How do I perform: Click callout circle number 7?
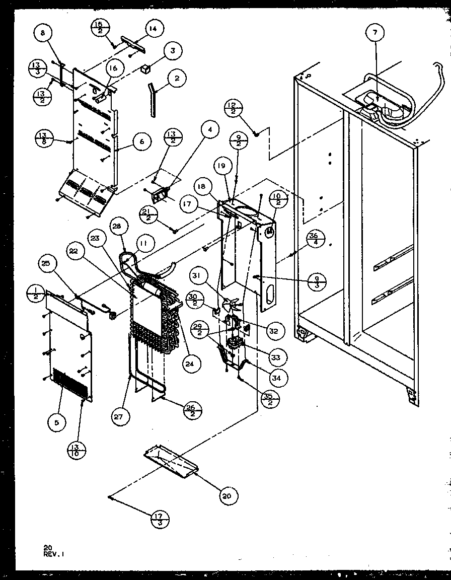[x=375, y=33]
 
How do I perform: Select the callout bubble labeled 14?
[x=153, y=29]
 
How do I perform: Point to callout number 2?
[x=177, y=79]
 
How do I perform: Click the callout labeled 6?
[x=141, y=142]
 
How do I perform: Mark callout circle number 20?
[x=226, y=496]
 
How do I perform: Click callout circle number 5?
[x=57, y=424]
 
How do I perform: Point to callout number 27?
[x=121, y=416]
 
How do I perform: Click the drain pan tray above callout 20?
[x=171, y=462]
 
